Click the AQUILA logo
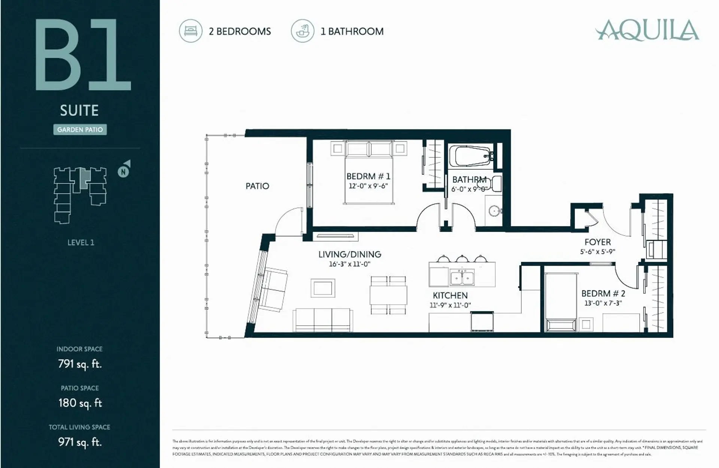click(647, 30)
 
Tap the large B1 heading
click(83, 55)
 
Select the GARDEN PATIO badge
click(80, 130)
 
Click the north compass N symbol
click(123, 172)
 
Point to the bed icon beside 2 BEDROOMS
click(191, 31)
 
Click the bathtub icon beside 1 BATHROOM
click(303, 31)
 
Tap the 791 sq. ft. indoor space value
click(80, 364)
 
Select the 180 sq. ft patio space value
click(80, 403)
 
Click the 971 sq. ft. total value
click(80, 442)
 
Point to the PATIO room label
click(257, 186)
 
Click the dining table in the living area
click(388, 295)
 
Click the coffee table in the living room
click(323, 288)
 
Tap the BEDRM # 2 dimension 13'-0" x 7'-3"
click(603, 303)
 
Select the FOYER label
click(598, 242)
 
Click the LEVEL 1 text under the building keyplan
click(81, 242)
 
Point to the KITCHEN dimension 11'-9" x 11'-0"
click(450, 305)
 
